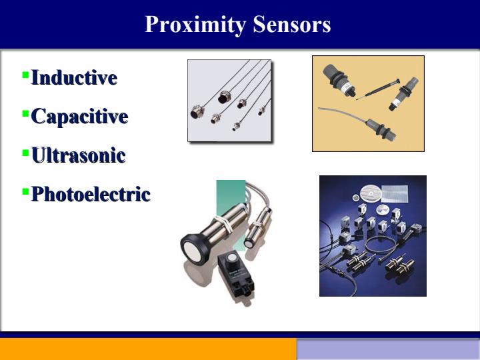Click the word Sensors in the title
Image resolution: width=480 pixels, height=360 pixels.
pos(292,24)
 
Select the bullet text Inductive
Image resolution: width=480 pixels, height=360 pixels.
pos(75,77)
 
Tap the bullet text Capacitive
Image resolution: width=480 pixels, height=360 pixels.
pos(79,117)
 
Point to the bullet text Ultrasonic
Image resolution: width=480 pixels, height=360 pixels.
pos(79,155)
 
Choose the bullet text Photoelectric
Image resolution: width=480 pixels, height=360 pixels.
pos(91,194)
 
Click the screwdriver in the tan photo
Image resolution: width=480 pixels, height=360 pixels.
pos(379,89)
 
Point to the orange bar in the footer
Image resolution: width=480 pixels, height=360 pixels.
pos(148,349)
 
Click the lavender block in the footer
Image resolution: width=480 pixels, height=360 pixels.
pos(388,349)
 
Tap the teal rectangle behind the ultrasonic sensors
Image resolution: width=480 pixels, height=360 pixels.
pos(231,196)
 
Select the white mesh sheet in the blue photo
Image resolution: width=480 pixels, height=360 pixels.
pos(395,193)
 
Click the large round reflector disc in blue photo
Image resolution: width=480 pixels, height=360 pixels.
pos(371,194)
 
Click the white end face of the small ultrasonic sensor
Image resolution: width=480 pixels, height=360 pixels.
pos(248,244)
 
